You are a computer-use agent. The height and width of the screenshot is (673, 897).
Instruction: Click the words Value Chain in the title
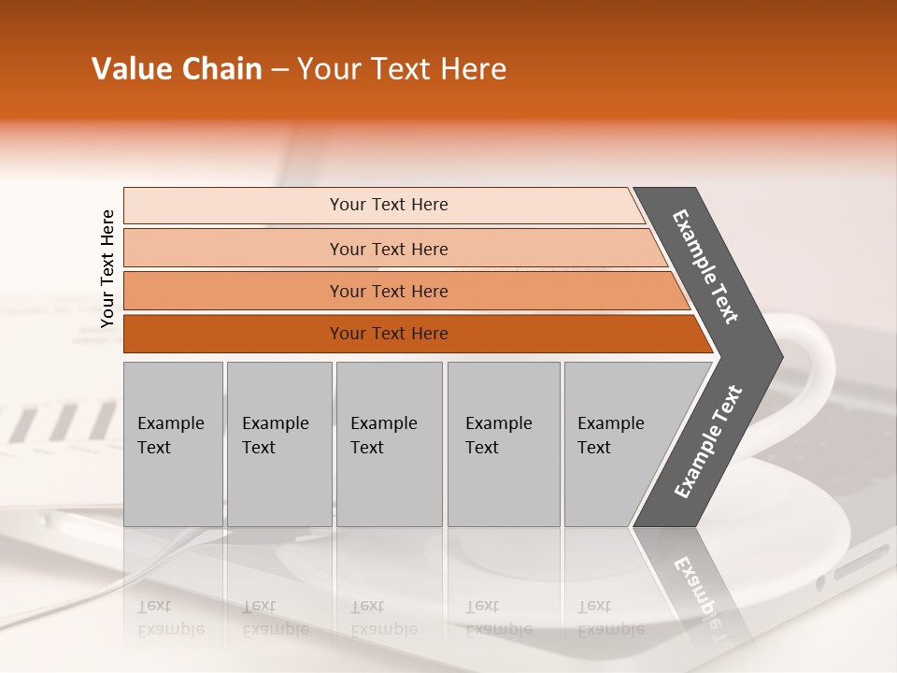pyautogui.click(x=177, y=69)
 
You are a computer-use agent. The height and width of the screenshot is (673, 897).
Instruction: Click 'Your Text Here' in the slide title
pyautogui.click(x=402, y=69)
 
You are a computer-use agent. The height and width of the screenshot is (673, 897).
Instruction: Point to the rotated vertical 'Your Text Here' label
pyautogui.click(x=107, y=269)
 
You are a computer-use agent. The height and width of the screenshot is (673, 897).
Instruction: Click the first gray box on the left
pyautogui.click(x=173, y=444)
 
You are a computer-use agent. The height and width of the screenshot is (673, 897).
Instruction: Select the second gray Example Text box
pyautogui.click(x=278, y=444)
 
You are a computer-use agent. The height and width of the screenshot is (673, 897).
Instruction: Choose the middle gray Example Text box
pyautogui.click(x=389, y=444)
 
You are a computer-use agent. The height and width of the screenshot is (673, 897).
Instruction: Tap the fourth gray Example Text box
pyautogui.click(x=503, y=444)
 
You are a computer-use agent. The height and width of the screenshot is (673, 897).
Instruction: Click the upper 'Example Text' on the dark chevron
pyautogui.click(x=705, y=266)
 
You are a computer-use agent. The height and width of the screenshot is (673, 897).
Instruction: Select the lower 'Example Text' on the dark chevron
pyautogui.click(x=708, y=442)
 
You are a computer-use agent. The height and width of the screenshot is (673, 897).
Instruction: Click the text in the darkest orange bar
pyautogui.click(x=389, y=334)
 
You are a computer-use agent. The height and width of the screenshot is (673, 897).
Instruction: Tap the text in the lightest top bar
pyautogui.click(x=389, y=205)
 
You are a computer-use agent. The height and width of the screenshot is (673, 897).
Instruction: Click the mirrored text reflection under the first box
pyautogui.click(x=170, y=618)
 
